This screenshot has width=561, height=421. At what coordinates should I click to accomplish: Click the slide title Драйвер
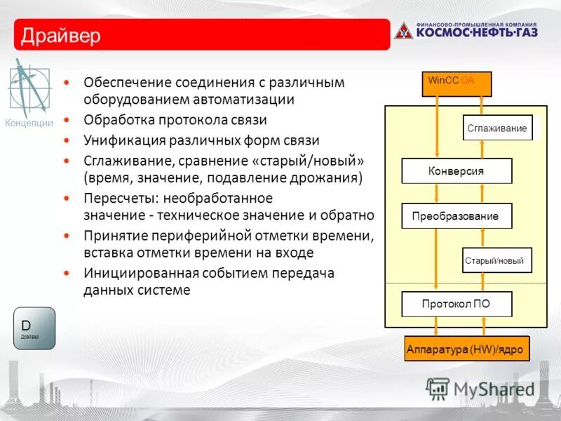coord(61,35)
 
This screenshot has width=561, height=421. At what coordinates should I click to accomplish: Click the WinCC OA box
coord(457,83)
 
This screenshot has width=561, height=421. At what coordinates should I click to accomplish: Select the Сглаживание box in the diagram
coord(497,128)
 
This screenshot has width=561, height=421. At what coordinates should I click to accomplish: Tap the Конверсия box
coord(457,171)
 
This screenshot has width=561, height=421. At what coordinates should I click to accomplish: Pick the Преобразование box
coord(457,216)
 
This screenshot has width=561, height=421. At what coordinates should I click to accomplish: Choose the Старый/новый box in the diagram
coord(497,260)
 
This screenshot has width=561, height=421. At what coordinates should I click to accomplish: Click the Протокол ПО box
coord(457,304)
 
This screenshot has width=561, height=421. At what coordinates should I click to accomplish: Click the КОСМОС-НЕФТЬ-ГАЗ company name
coord(476,32)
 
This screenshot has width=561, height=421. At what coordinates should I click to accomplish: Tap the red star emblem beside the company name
coord(404,30)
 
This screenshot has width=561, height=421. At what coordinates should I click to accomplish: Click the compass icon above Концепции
coord(28,86)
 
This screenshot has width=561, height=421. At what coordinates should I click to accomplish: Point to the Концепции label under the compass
coord(29,123)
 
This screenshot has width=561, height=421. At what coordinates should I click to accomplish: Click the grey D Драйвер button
coord(34,328)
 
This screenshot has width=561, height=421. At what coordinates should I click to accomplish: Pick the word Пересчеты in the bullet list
coord(117,199)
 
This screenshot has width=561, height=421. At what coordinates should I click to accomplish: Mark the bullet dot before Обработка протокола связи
coord(67,121)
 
